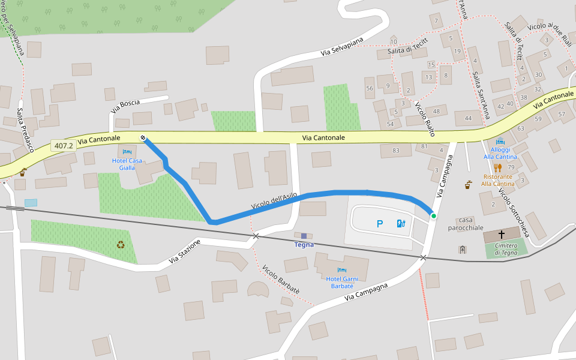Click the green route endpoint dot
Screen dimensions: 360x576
pos(433,215)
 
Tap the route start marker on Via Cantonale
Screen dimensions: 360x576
pos(143,138)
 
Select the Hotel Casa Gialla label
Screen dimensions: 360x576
pos(127,164)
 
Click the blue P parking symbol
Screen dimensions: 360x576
pos(379,224)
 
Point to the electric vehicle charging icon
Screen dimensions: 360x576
pos(401,224)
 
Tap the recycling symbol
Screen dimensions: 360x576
pos(121,244)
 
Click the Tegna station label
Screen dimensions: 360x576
pos(304,244)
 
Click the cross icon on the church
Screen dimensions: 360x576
pos(501,235)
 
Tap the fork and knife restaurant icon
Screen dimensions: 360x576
pos(497,168)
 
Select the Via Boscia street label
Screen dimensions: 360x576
pos(125,106)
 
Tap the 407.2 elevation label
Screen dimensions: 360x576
pos(63,146)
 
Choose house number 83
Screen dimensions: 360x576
pos(395,150)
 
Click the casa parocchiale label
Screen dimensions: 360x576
pos(470,224)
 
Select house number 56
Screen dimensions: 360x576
pos(370,88)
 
